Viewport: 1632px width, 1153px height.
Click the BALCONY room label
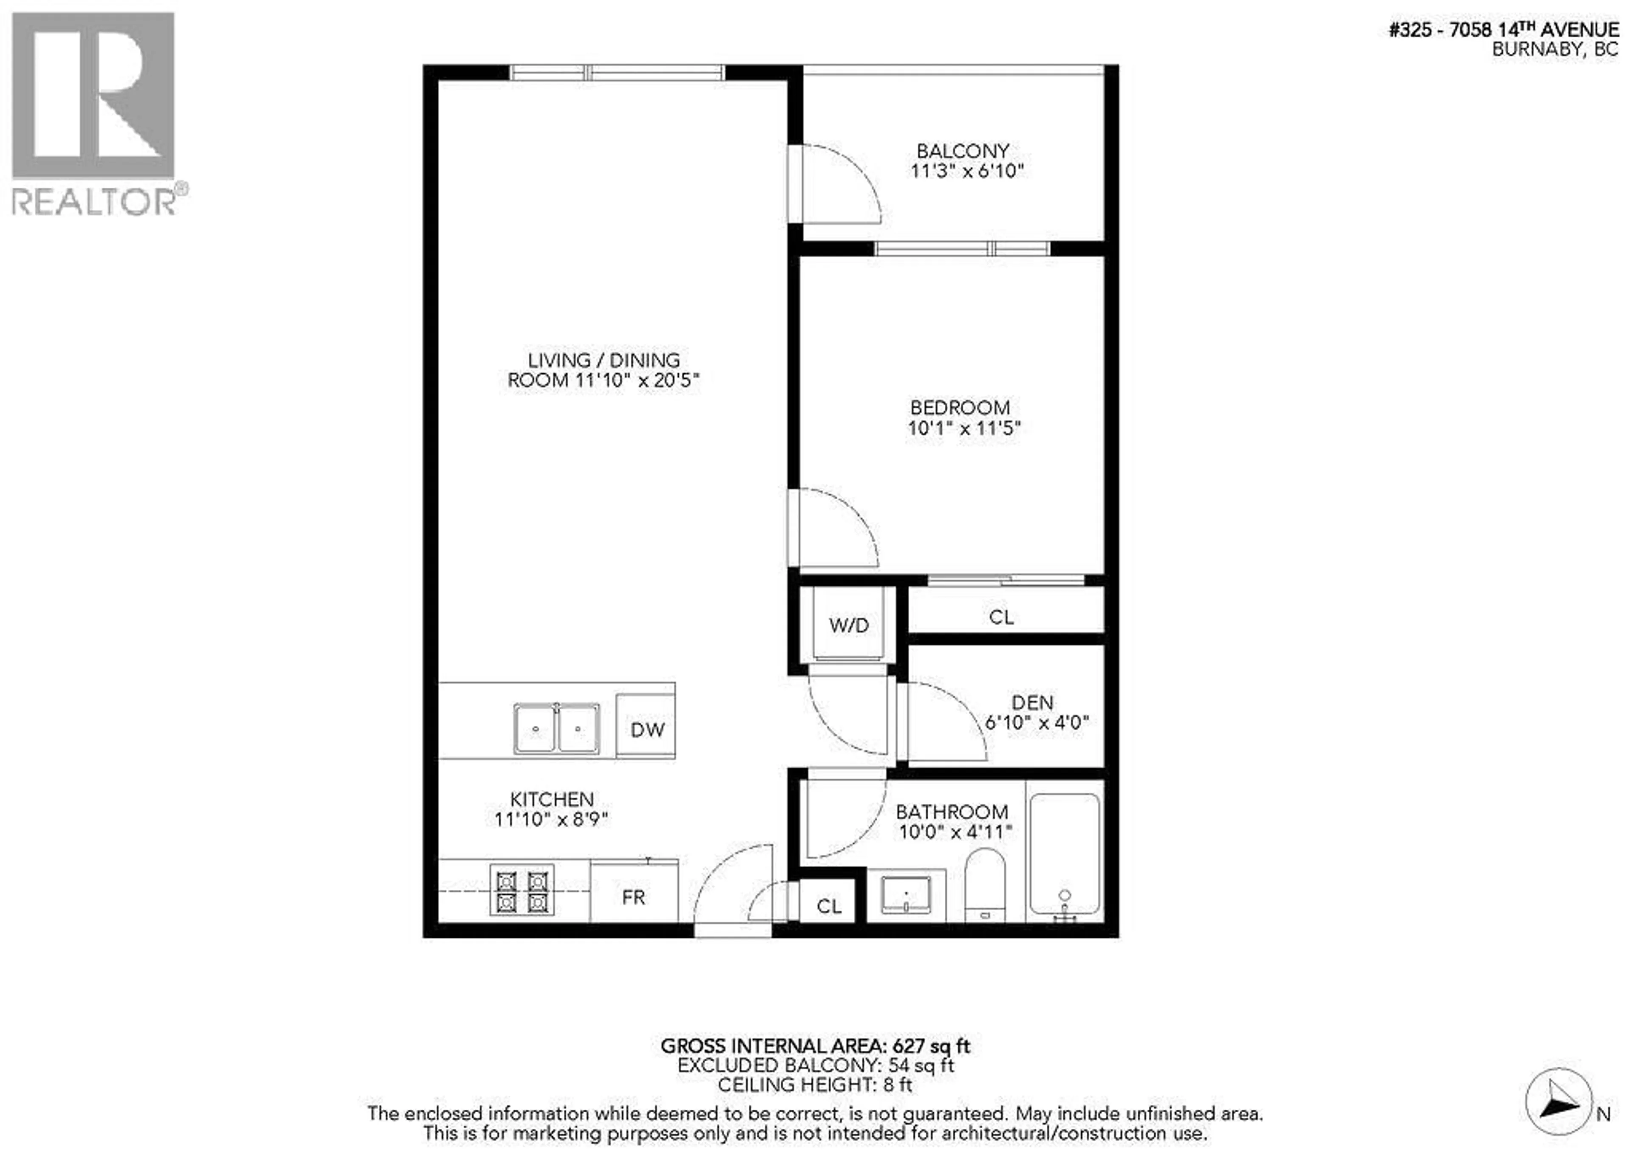tap(963, 151)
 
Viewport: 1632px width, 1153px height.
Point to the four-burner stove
tap(522, 892)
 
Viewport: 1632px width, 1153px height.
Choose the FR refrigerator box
tap(633, 897)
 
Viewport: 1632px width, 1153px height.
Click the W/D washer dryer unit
tap(849, 625)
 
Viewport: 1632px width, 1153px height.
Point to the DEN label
tap(1031, 702)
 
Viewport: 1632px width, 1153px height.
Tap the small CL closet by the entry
tap(828, 906)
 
